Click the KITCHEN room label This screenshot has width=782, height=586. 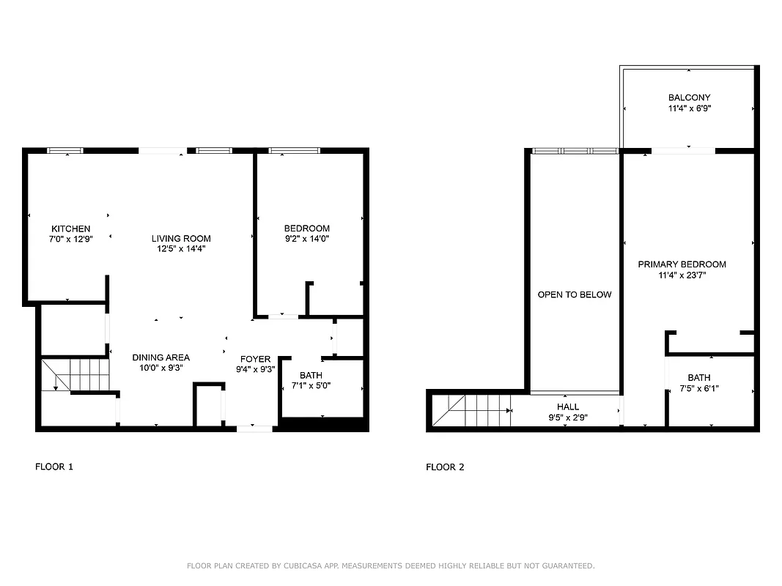pyautogui.click(x=70, y=229)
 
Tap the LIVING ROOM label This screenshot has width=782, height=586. pyautogui.click(x=181, y=239)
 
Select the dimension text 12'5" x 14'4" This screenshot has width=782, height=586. pyautogui.click(x=181, y=249)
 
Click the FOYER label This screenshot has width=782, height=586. pyautogui.click(x=255, y=359)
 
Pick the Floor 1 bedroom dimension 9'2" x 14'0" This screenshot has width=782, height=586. pyautogui.click(x=306, y=239)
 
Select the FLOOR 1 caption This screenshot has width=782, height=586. pyautogui.click(x=54, y=467)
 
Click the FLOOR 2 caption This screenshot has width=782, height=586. pyautogui.click(x=445, y=467)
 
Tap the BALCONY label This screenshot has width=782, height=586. pyautogui.click(x=689, y=97)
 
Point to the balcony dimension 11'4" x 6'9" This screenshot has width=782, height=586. pyautogui.click(x=689, y=108)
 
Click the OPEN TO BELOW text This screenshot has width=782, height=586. pyautogui.click(x=574, y=294)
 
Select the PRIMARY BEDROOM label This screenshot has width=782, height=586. pyautogui.click(x=682, y=264)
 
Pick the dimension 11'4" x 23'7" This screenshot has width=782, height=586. pyautogui.click(x=682, y=275)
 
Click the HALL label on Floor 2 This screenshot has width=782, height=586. pyautogui.click(x=567, y=407)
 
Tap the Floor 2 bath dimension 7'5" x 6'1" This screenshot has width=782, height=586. pyautogui.click(x=698, y=388)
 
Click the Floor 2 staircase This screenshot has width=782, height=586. pyautogui.click(x=473, y=410)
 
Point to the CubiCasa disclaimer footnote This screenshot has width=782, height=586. pyautogui.click(x=391, y=565)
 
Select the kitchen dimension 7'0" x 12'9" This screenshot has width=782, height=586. pyautogui.click(x=70, y=240)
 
